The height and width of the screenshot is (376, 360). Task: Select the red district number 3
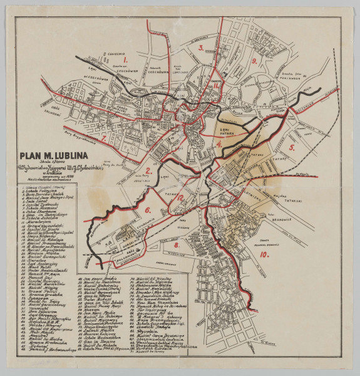coord(200,47)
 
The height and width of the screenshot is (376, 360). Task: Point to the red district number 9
coord(254,61)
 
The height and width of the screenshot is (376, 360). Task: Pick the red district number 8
coord(177,245)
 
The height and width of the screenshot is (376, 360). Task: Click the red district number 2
coord(148,170)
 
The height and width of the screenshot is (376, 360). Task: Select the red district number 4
coord(219,144)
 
